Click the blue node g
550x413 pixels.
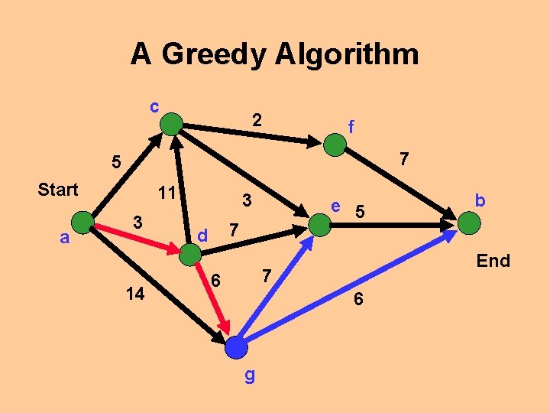coord(237,348)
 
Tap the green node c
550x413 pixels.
coord(173,123)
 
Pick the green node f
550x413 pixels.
coord(335,145)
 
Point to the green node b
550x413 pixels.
coord(470,224)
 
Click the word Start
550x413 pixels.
coord(58,190)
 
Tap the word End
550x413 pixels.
coord(493,261)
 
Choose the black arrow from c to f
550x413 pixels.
coord(252,131)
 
